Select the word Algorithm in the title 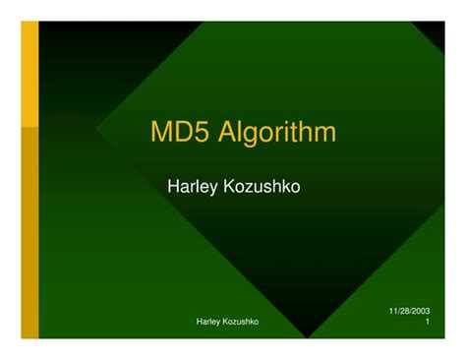click(x=278, y=133)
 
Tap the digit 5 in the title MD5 click(x=204, y=132)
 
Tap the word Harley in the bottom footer click(x=211, y=322)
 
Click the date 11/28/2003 click(x=409, y=311)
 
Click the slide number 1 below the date click(x=427, y=323)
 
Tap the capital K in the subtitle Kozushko click(x=228, y=187)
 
